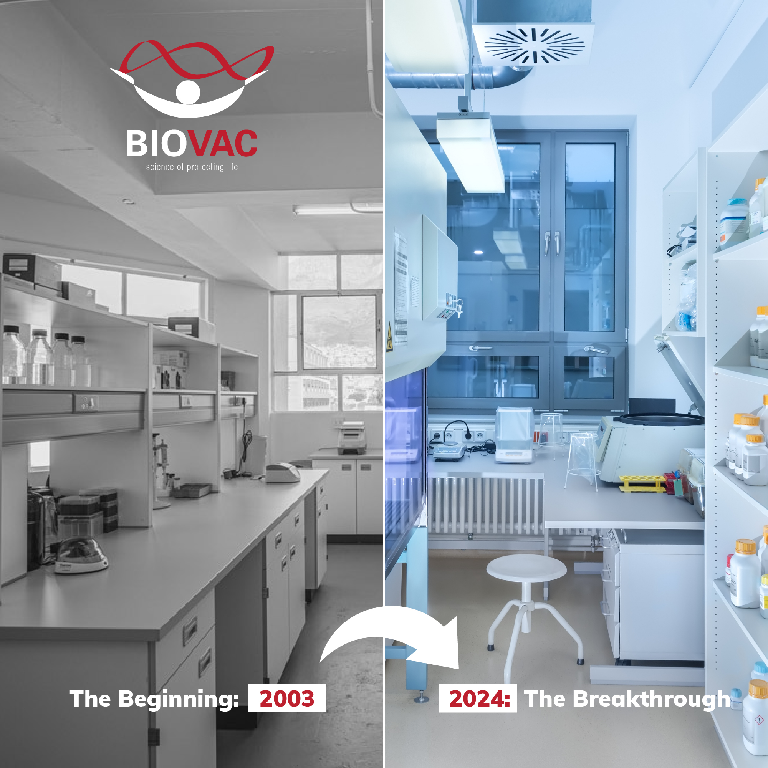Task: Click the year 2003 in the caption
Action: [286, 699]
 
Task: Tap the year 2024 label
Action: [479, 699]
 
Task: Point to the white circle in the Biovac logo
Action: [188, 92]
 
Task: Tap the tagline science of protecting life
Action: [192, 167]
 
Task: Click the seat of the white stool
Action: [526, 568]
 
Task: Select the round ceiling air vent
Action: [534, 46]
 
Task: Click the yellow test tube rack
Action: [642, 483]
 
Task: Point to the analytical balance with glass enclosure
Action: [514, 435]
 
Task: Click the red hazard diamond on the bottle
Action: [759, 720]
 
